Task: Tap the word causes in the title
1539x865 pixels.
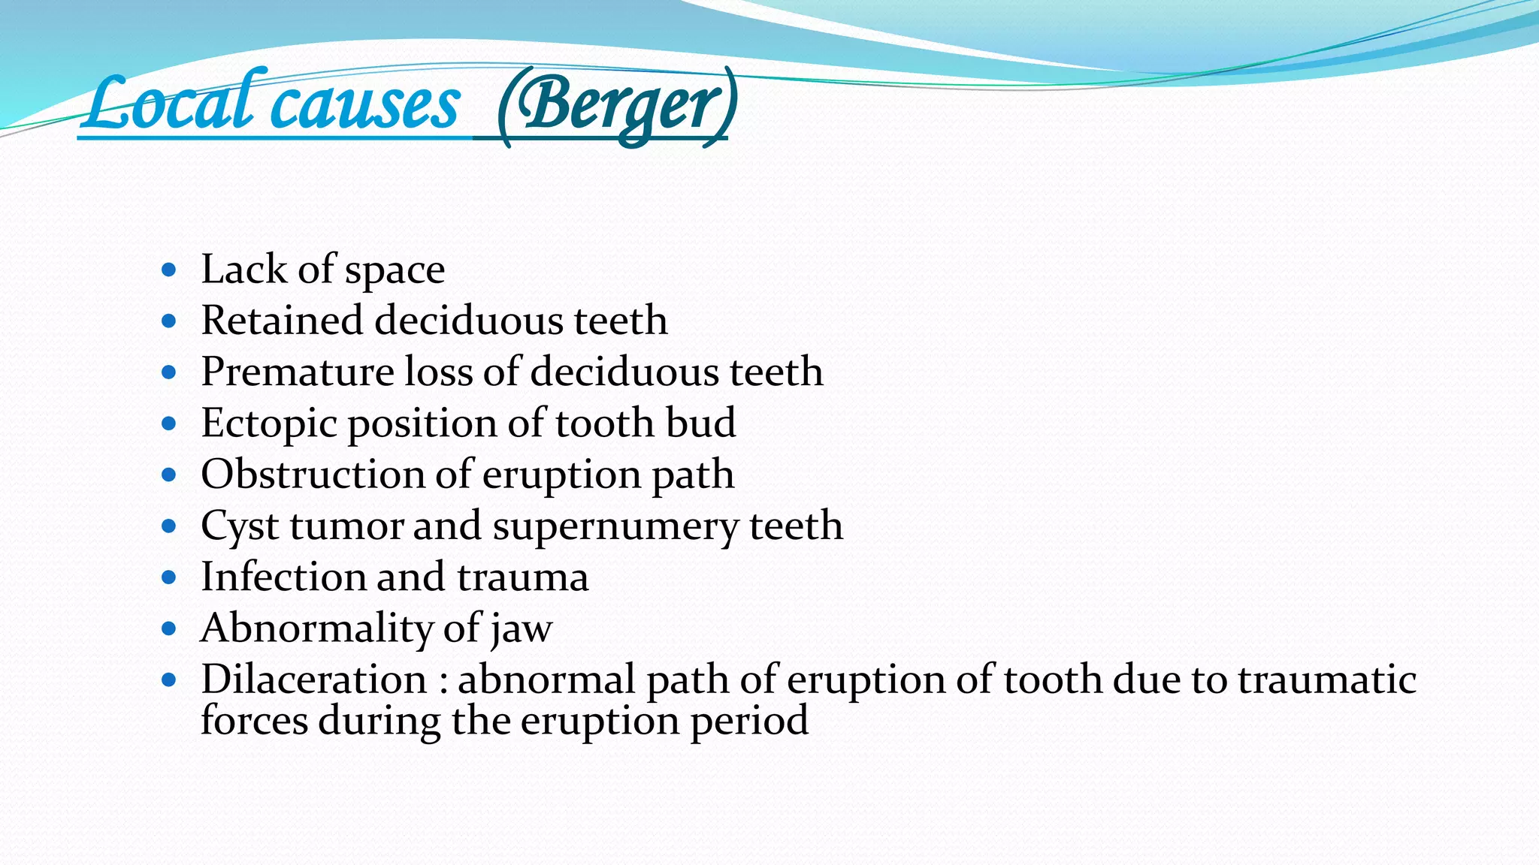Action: tap(365, 106)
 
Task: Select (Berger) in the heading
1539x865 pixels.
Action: tap(617, 107)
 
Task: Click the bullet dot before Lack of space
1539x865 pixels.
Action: tap(169, 270)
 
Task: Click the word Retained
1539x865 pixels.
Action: tap(282, 321)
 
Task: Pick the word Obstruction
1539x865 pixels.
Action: tap(313, 475)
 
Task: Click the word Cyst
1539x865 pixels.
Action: tap(240, 526)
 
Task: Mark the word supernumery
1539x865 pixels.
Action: tap(615, 526)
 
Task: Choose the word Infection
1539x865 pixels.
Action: tap(283, 577)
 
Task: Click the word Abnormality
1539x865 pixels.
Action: tap(316, 628)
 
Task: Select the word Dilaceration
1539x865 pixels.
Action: tap(313, 680)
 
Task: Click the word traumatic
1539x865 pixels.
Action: tap(1326, 680)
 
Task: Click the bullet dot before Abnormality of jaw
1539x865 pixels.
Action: tap(169, 628)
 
